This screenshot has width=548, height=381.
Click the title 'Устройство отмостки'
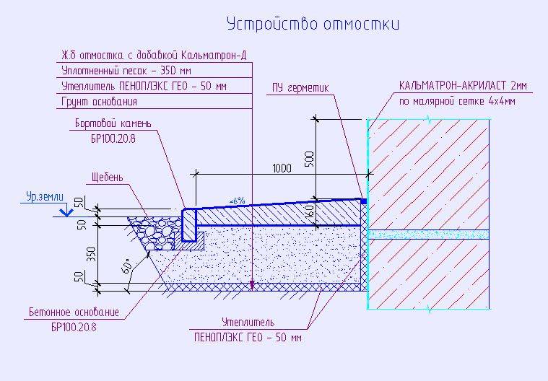(313, 24)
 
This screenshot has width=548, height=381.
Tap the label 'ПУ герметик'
(300, 87)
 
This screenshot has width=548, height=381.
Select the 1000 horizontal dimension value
(282, 168)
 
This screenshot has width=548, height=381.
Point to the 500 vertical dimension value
(309, 159)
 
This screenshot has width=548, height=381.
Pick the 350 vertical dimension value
(91, 255)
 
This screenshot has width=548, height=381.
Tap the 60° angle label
(128, 266)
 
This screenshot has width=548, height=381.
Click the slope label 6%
(237, 201)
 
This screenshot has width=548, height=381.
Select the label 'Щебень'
(108, 178)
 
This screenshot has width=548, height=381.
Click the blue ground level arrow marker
(66, 212)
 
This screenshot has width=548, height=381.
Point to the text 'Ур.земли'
(45, 197)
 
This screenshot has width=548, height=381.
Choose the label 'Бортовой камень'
(113, 123)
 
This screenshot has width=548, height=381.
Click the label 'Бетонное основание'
(74, 312)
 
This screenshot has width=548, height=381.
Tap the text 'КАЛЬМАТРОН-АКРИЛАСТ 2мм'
(463, 86)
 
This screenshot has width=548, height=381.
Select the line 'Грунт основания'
(99, 102)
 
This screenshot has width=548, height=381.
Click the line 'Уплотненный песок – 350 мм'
(126, 71)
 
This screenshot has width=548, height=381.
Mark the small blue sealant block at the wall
(363, 201)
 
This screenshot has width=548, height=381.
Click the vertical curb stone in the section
(189, 225)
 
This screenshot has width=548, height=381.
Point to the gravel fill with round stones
(156, 232)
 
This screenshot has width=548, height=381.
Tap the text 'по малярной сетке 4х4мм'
(457, 101)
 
